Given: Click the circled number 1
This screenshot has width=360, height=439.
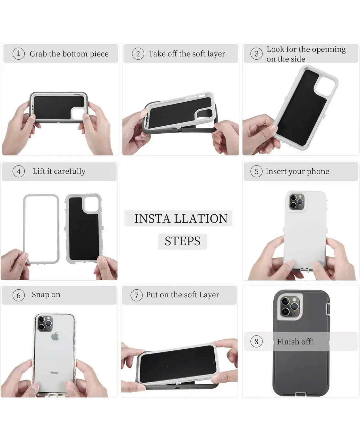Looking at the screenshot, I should (19, 54).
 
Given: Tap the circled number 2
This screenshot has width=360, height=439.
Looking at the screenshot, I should (138, 54).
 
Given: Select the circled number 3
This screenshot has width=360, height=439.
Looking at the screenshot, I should (256, 54).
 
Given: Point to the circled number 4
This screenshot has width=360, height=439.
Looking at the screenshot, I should (19, 172).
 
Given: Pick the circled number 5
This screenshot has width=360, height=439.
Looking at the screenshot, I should (256, 172).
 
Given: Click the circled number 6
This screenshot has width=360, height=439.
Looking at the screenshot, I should (19, 295).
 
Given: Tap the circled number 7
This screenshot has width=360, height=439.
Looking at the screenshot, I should (137, 295).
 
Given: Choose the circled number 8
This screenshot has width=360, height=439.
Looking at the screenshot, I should (256, 342).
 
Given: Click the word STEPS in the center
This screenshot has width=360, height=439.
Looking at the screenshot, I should (182, 241).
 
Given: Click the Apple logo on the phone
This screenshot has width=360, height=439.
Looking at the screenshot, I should (55, 336).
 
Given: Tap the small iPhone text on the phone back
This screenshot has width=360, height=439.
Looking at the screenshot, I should (54, 373).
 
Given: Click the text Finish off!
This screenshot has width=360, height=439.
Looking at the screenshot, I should (295, 342).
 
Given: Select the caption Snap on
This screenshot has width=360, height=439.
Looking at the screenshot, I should (46, 295).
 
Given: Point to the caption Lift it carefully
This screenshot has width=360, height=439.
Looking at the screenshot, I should (59, 171).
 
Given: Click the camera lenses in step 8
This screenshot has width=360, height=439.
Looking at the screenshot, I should (290, 306).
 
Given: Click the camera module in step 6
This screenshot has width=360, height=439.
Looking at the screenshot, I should (46, 323).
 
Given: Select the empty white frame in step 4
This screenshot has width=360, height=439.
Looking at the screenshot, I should (41, 229).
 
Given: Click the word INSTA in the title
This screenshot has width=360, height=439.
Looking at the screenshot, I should (152, 219).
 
